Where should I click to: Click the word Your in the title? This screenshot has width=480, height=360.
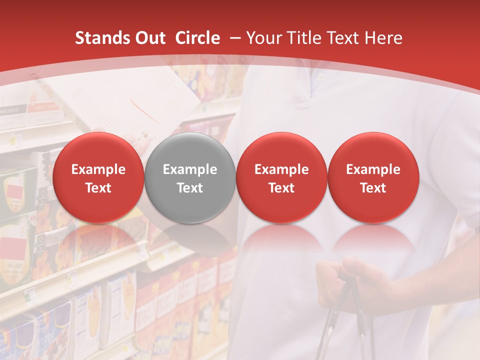click(x=263, y=38)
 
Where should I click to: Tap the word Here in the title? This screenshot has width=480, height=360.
click(x=383, y=38)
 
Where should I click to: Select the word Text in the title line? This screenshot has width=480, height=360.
click(x=344, y=38)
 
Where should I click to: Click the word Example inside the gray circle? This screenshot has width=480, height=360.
click(x=190, y=169)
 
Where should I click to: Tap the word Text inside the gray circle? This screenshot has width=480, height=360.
click(x=190, y=188)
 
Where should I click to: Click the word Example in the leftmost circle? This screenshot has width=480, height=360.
click(x=98, y=169)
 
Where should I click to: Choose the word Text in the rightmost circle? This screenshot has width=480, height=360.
click(x=373, y=188)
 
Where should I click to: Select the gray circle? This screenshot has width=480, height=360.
click(x=190, y=150)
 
